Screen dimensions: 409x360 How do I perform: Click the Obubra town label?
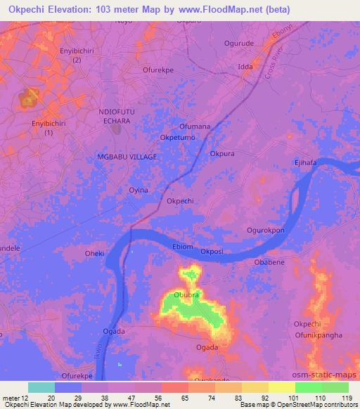[188, 294]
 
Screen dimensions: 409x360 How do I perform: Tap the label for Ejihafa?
[307, 164]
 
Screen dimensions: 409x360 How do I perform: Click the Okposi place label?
[212, 251]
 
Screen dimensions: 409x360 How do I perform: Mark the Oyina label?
[139, 190]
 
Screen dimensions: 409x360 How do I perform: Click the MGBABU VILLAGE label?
[126, 157]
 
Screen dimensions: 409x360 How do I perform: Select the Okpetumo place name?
[178, 138]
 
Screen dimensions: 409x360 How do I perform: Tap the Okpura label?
[222, 152]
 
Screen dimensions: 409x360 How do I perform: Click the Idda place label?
[245, 67]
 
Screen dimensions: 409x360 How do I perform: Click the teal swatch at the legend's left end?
[41, 387]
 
